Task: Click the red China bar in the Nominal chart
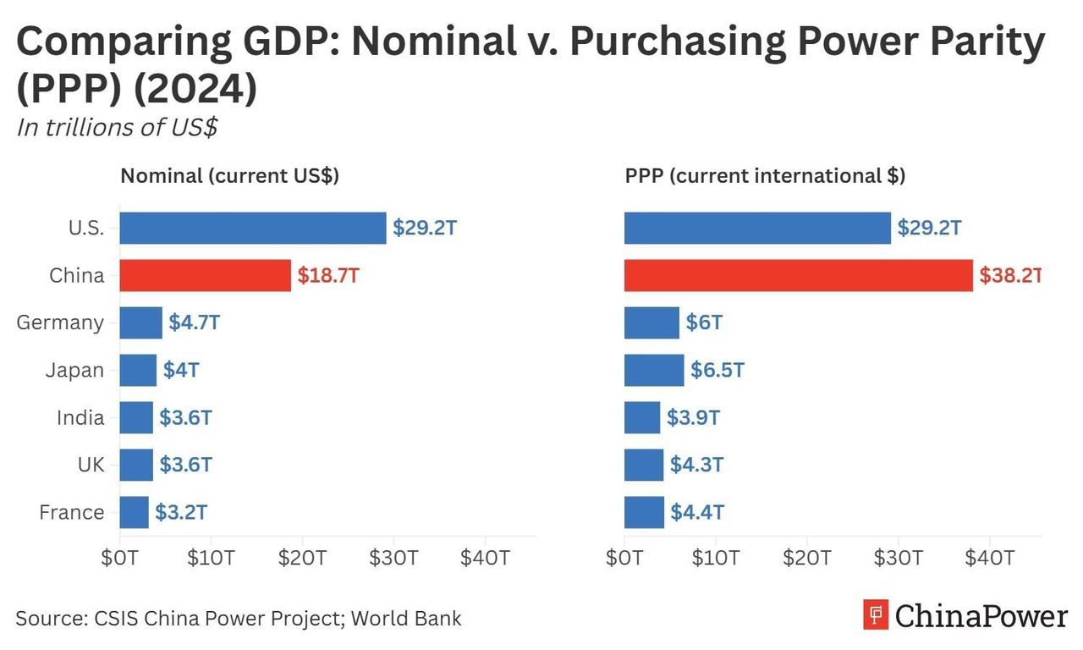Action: click(x=205, y=275)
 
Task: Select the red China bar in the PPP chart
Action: click(x=798, y=275)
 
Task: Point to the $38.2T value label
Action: click(x=1010, y=275)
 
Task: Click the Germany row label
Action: click(x=60, y=322)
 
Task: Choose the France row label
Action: click(x=71, y=512)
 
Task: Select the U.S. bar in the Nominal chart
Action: click(x=252, y=228)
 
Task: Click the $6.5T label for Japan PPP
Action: click(x=717, y=370)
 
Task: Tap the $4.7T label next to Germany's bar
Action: click(x=195, y=322)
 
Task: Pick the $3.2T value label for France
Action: click(x=181, y=512)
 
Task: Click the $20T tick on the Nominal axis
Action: click(x=302, y=558)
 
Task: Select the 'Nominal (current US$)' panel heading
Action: click(x=229, y=176)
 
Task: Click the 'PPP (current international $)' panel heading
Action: click(x=765, y=176)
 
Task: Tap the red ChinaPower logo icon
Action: click(x=876, y=614)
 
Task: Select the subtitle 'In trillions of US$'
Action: click(x=117, y=127)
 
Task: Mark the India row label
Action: click(x=80, y=417)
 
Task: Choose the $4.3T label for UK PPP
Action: click(x=697, y=465)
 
